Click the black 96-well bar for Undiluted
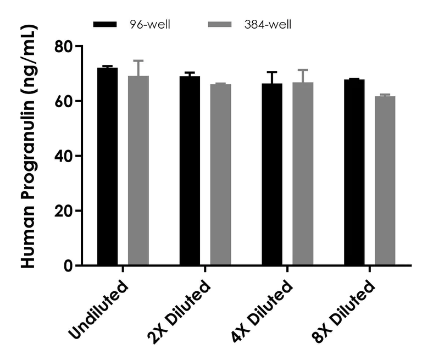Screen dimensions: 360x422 pos(107,167)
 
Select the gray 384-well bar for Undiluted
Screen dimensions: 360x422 pos(138,171)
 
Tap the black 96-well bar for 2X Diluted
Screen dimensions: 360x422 pos(190,171)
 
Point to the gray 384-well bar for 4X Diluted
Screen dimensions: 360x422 pos(303,174)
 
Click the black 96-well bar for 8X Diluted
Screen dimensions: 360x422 pos(354,173)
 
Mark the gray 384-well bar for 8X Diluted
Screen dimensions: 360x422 pos(385,181)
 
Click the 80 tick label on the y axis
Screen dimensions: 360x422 pos(65,47)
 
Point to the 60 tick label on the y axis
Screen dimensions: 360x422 pos(65,102)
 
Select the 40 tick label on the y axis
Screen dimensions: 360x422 pos(65,157)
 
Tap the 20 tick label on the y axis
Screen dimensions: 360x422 pos(65,212)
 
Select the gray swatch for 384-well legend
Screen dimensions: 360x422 pos(225,25)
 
